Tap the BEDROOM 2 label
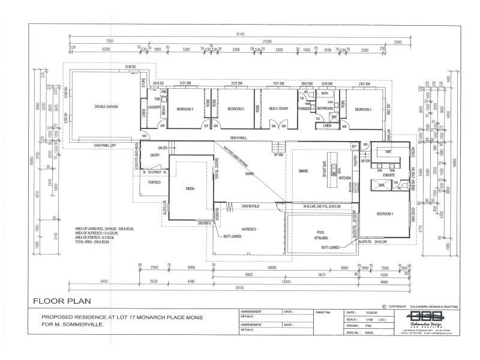click(184, 109)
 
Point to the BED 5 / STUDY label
click(278, 109)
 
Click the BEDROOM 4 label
click(364, 109)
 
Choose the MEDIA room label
click(190, 188)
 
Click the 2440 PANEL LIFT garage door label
click(105, 145)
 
